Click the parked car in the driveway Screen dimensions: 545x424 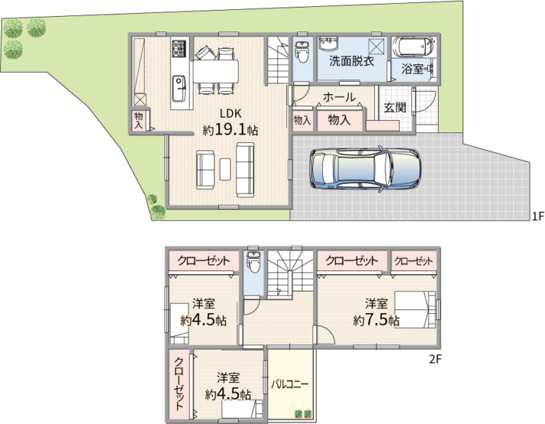coord(365,169)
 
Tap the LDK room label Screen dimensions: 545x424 coord(230,113)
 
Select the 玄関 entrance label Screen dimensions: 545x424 coord(395,107)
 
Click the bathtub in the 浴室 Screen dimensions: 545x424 coord(413,47)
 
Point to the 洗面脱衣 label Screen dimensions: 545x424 coord(351,61)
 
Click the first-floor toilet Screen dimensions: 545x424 coord(301,51)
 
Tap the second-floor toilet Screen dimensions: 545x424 coord(253,263)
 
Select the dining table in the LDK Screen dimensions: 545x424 coord(216,71)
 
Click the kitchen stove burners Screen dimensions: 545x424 coord(179,49)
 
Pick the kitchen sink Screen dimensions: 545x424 coord(179,89)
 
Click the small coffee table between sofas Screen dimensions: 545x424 coord(225,169)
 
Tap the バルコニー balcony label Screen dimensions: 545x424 coord(290,385)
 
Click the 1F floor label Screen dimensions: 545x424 coord(537,217)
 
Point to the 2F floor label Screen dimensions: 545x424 coord(435,359)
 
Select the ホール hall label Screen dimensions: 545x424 coord(339,97)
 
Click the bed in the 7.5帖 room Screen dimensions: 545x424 coord(415,309)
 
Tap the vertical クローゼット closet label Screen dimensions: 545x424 coord(179,383)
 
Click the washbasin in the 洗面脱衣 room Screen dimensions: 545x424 coord(328,44)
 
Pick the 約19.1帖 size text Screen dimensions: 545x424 coord(230,130)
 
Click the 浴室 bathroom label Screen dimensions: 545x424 coord(413,69)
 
